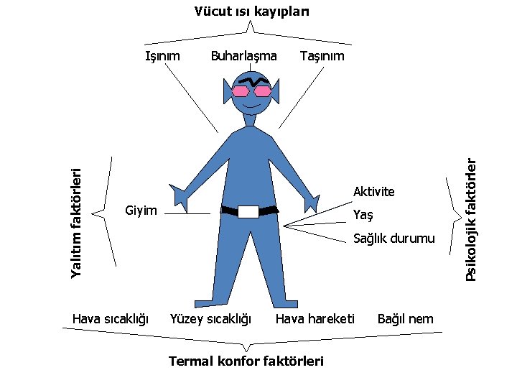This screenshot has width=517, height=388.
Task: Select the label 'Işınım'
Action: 162,55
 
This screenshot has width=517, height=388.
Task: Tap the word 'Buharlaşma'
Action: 243,55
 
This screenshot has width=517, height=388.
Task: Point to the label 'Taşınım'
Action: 322,55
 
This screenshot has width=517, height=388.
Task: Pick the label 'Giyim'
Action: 141,211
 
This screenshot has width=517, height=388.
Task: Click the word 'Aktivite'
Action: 373,192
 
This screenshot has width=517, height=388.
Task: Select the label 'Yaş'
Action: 363,216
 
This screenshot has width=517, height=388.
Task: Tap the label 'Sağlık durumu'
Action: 393,239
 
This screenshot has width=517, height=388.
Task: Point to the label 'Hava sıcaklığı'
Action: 111,318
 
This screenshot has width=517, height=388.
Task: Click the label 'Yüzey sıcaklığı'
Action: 210,318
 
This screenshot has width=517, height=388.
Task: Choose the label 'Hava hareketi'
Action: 315,318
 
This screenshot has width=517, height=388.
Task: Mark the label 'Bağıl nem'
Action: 406,318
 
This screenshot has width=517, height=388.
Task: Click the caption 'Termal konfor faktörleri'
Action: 246,361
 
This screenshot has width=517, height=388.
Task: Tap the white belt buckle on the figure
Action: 248,211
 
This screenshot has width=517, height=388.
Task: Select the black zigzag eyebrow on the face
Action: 251,81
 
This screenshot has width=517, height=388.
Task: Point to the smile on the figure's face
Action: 251,106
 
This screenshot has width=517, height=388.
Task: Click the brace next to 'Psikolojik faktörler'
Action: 452,213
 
